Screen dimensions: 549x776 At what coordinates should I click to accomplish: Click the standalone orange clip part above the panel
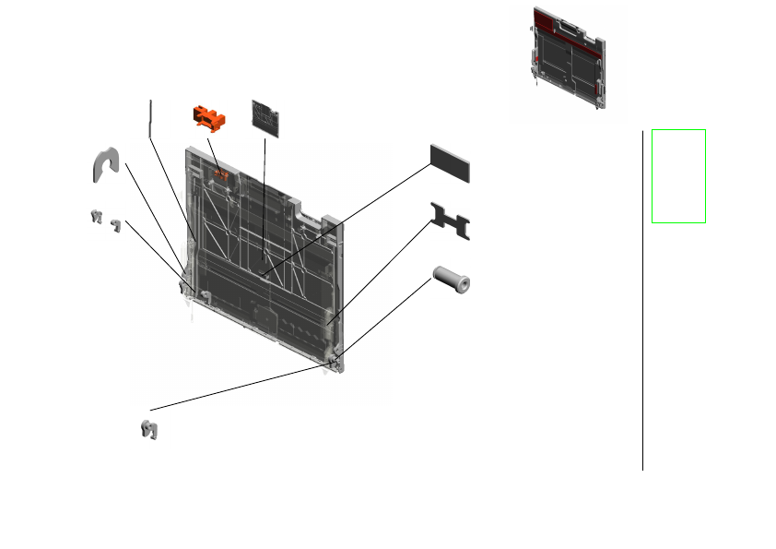208,118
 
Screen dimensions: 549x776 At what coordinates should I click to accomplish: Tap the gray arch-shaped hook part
106,164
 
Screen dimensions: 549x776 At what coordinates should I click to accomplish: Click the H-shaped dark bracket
450,221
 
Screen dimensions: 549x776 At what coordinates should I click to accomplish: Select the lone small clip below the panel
147,430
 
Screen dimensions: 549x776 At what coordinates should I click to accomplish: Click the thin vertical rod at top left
150,115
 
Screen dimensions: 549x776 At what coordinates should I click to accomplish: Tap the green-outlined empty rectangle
678,175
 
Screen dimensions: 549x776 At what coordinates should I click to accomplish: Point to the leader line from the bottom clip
240,388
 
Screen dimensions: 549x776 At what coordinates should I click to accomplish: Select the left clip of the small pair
94,217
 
